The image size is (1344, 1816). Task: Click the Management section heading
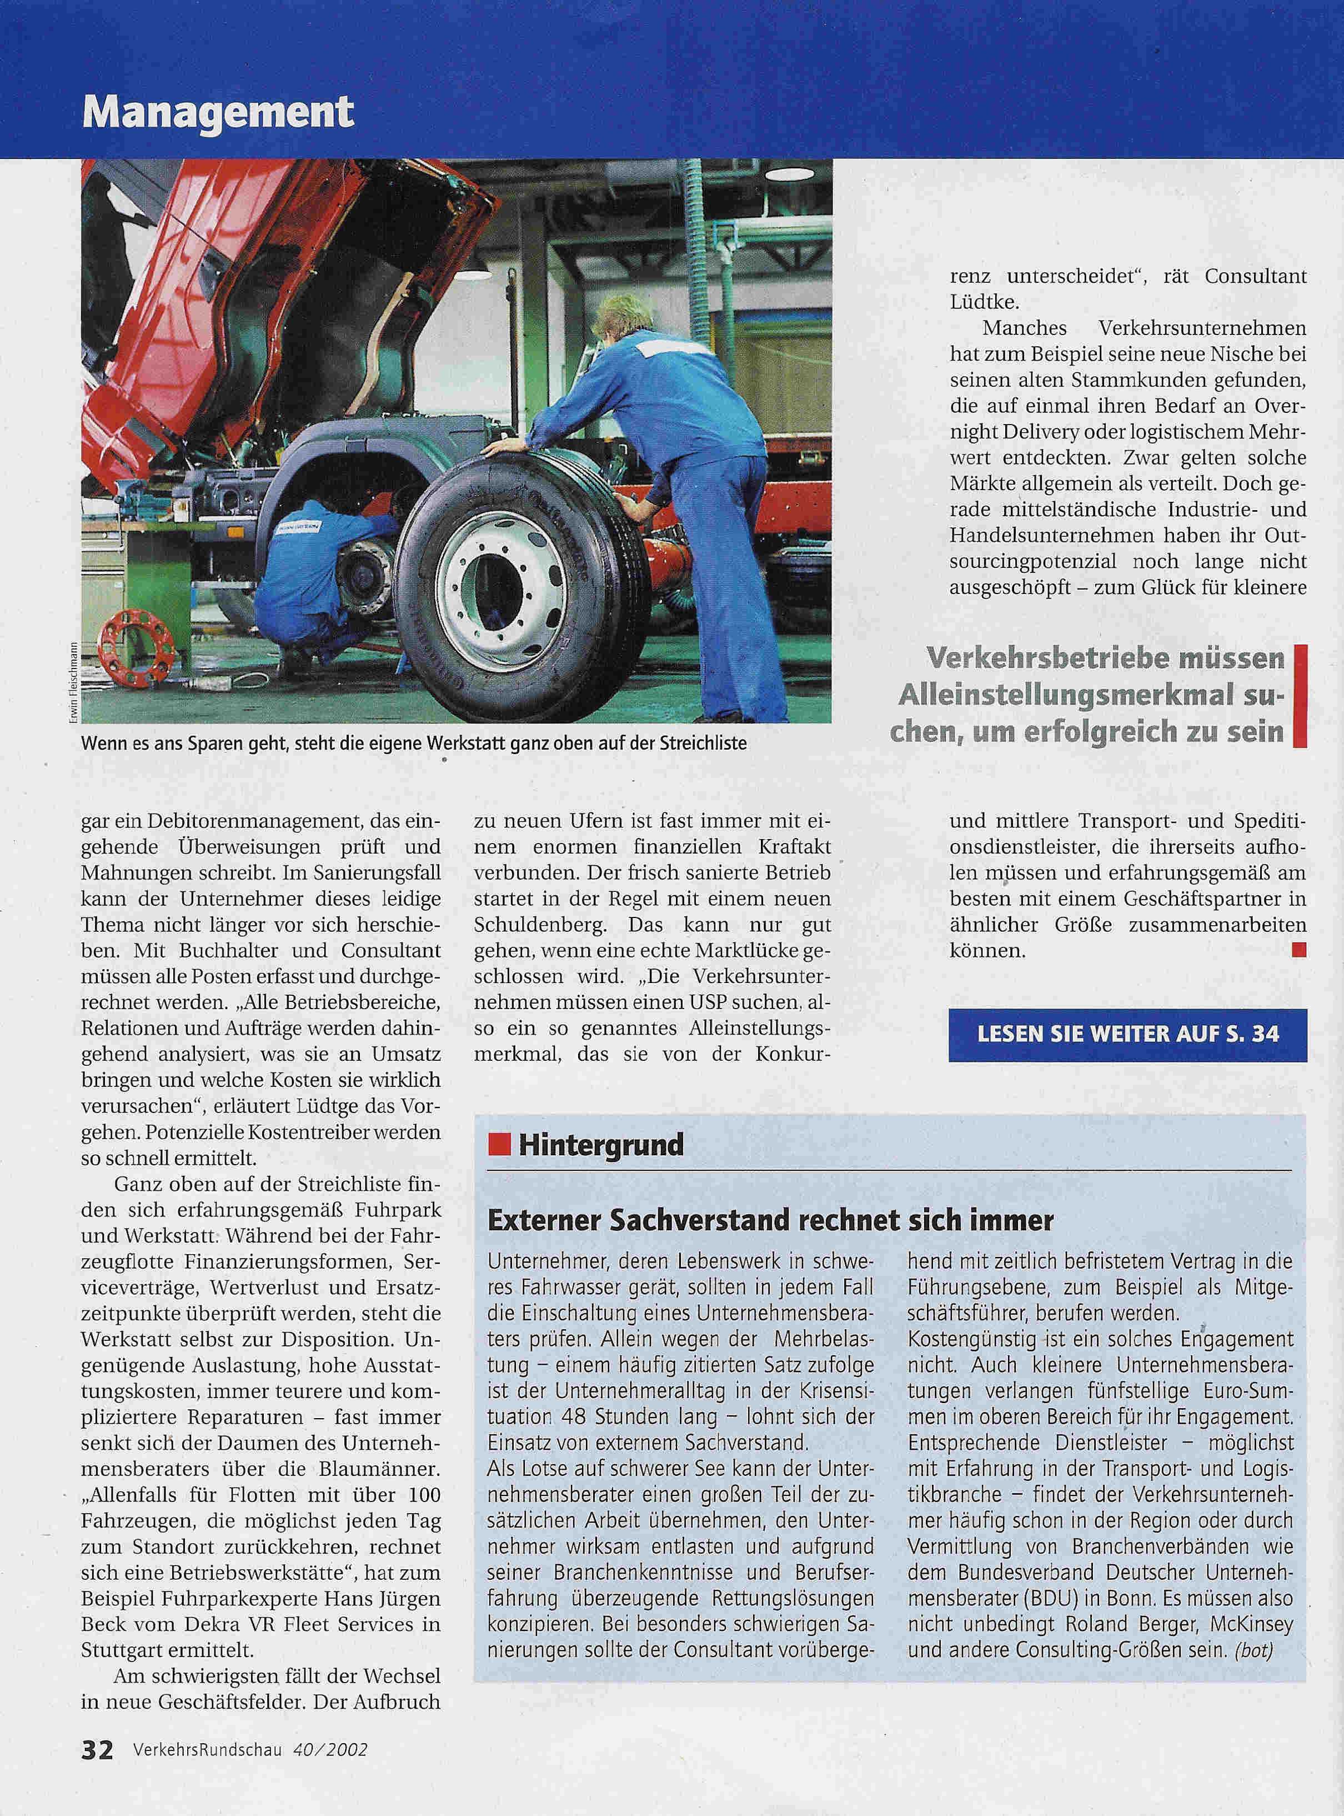[x=218, y=112]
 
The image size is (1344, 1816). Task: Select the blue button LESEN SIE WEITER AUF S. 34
[x=1127, y=1035]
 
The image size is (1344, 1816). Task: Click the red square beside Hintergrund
[x=499, y=1145]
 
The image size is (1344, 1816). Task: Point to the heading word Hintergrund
[x=601, y=1145]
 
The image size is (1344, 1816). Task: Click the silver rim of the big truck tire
[x=500, y=590]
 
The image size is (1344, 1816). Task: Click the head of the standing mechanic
[x=623, y=316]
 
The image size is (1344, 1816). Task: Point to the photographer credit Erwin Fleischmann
[x=73, y=682]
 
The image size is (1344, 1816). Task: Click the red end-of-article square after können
[x=1298, y=949]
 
